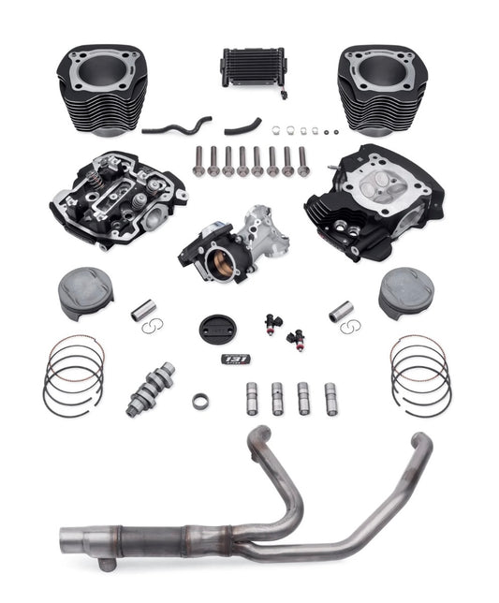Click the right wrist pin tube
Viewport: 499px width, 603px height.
(x=343, y=311)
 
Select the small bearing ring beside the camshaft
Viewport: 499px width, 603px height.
(x=200, y=401)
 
